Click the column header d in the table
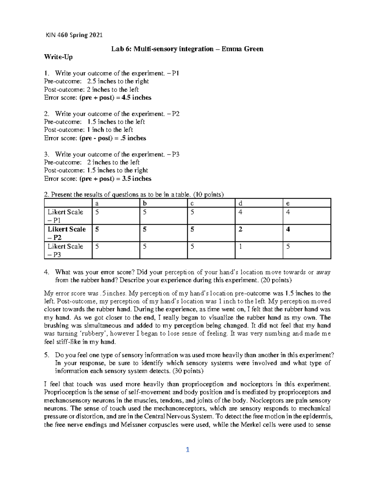click(240, 203)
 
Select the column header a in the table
click(97, 203)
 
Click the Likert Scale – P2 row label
click(66, 233)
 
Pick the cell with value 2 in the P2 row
click(240, 229)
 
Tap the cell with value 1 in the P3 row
click(240, 246)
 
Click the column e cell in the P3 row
click(288, 246)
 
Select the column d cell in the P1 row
click(240, 212)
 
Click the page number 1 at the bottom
click(187, 450)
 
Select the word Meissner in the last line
click(135, 425)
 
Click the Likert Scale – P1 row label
click(65, 216)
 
